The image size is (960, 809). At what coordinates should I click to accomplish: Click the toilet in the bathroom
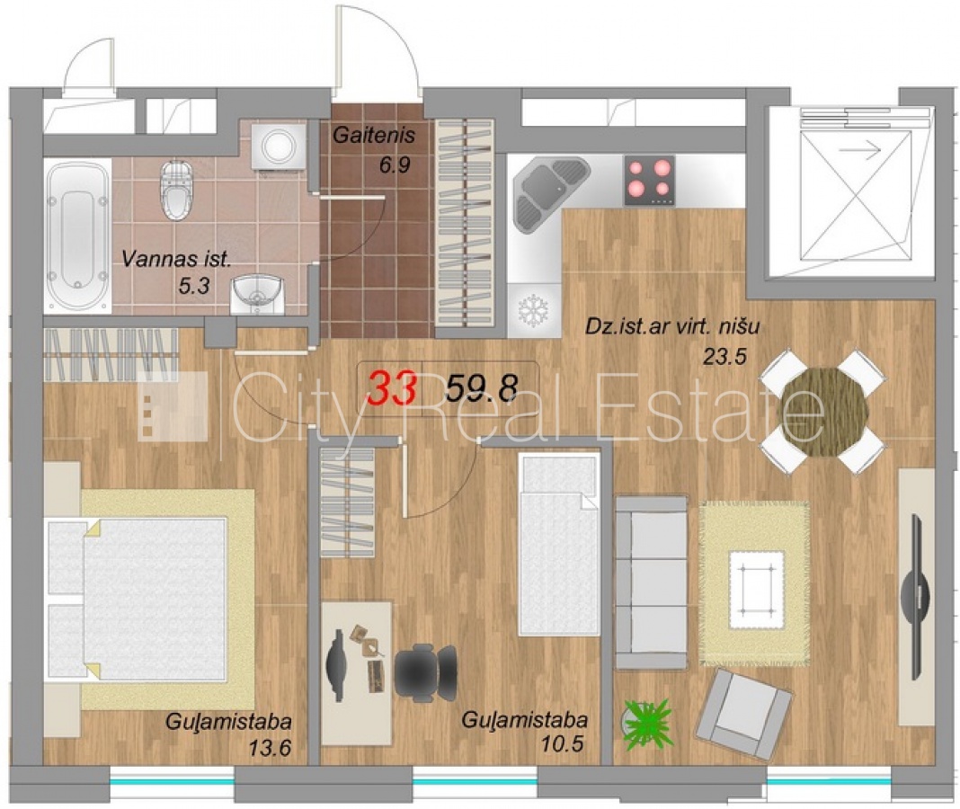(175, 190)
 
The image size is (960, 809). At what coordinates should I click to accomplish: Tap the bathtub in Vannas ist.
(78, 236)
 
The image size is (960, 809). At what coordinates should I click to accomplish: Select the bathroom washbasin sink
(258, 294)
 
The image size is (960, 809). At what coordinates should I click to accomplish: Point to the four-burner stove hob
(649, 180)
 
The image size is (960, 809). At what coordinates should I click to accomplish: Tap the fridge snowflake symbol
(533, 310)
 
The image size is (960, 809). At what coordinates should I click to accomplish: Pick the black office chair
(425, 671)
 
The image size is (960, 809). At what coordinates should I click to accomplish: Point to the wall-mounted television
(915, 597)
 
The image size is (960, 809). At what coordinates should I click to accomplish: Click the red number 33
(394, 387)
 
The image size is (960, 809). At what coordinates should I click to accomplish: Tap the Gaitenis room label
(374, 136)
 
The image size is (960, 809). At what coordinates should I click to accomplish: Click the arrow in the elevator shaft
(859, 149)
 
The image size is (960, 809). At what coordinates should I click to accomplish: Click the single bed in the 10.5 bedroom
(559, 545)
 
